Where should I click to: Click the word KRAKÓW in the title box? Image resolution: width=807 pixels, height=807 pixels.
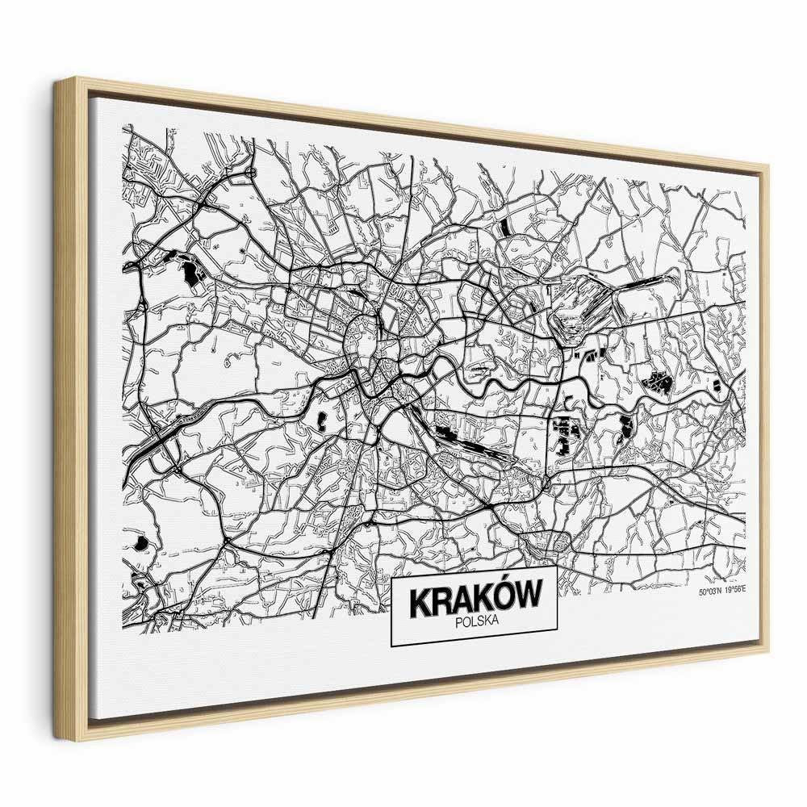pos(474,601)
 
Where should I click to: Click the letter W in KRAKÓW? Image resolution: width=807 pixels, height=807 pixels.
pos(525,599)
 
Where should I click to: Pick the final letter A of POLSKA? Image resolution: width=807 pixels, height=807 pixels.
pos(496,621)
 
